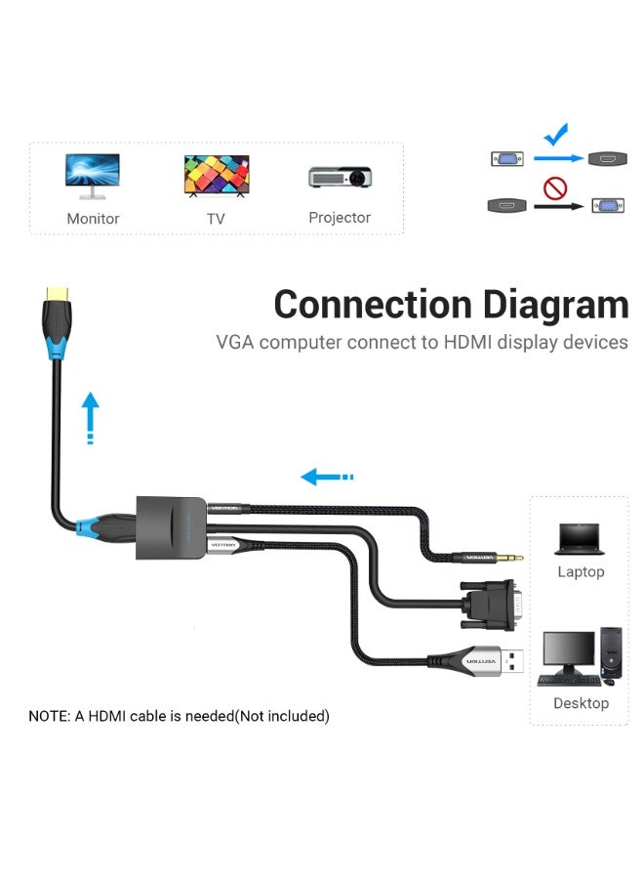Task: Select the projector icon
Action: click(341, 177)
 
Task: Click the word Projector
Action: click(340, 218)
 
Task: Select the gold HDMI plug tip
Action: click(55, 292)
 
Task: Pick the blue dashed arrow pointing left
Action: click(326, 477)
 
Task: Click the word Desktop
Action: click(581, 703)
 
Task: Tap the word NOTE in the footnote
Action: click(49, 716)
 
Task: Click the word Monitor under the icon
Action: click(93, 219)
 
